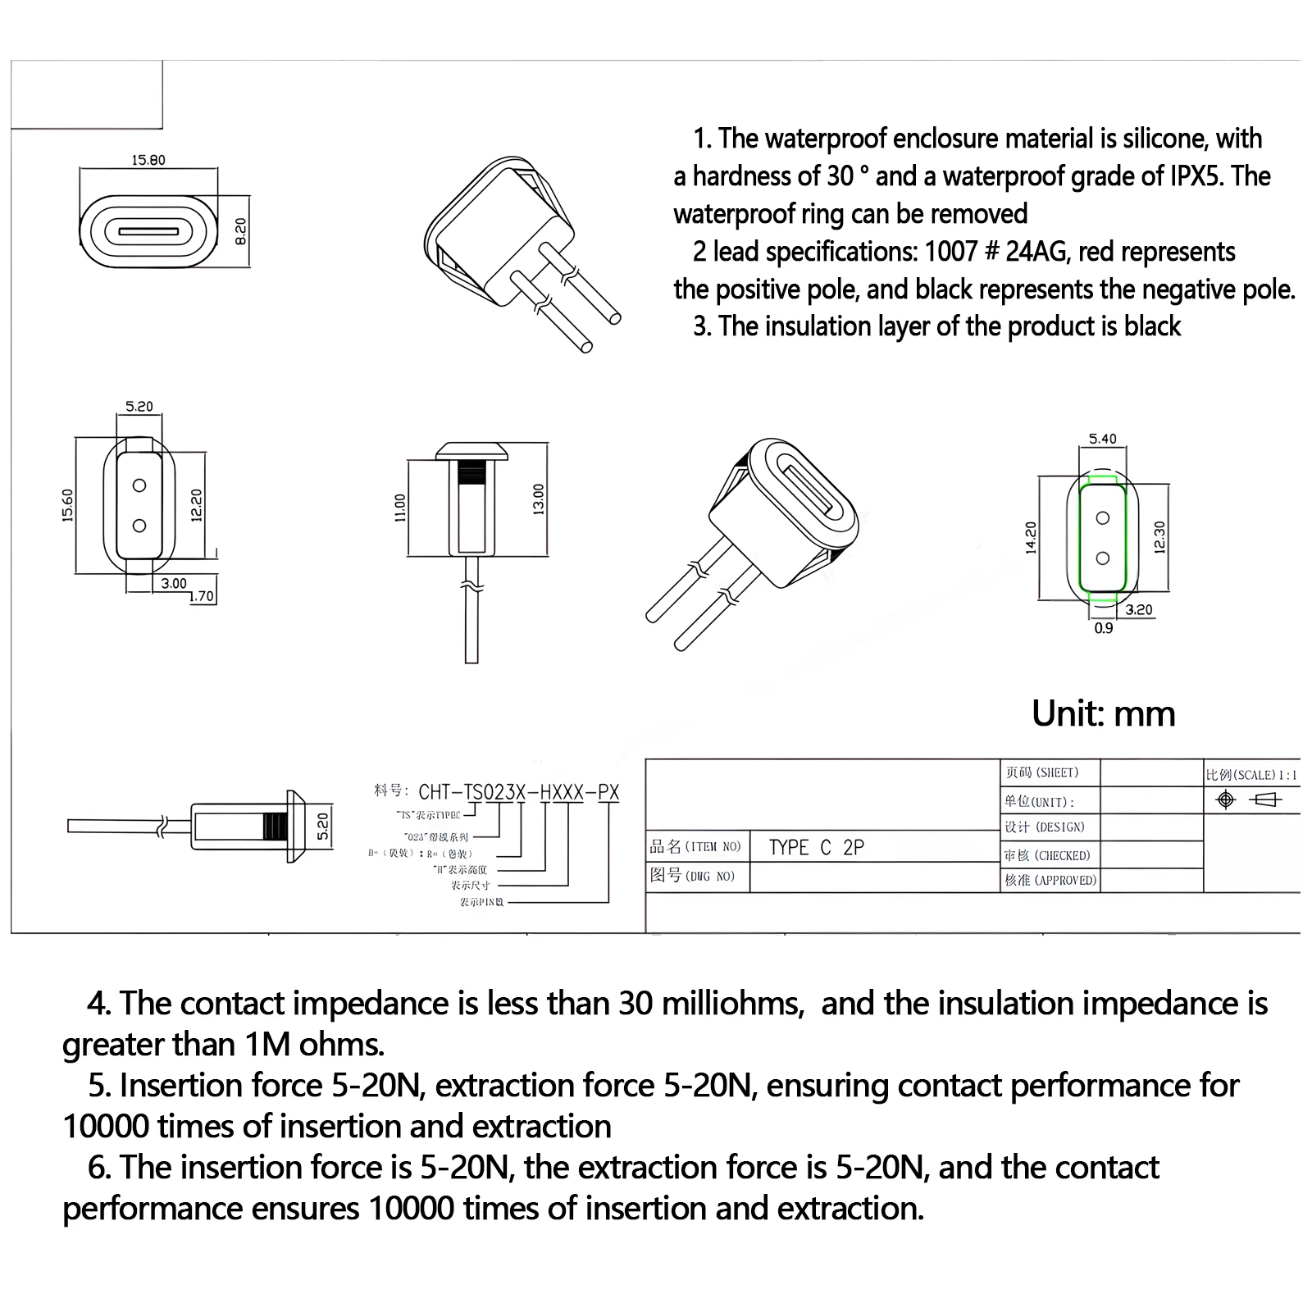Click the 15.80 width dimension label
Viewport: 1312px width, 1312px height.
coord(148,160)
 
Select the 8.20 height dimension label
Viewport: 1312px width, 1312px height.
coord(240,231)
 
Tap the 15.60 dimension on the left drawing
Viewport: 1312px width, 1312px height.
coord(67,505)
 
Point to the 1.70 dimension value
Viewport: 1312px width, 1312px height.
coord(203,596)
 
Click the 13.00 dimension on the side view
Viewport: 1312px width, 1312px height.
coord(539,499)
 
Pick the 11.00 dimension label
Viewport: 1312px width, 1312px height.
coord(400,508)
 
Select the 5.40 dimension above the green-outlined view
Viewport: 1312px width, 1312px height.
coord(1102,439)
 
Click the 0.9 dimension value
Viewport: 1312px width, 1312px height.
coord(1104,628)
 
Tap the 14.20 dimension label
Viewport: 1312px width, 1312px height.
coord(1032,537)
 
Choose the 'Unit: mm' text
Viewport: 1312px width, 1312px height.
coord(1103,713)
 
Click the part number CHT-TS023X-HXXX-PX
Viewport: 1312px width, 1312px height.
coord(518,792)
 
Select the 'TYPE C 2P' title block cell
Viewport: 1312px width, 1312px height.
coord(817,848)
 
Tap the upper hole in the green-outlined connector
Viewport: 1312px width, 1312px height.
coord(1103,518)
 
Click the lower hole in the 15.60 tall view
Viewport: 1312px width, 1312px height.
coord(139,526)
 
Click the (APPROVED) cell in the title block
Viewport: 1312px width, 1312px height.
coord(1050,880)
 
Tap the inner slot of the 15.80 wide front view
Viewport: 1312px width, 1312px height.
coord(148,231)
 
